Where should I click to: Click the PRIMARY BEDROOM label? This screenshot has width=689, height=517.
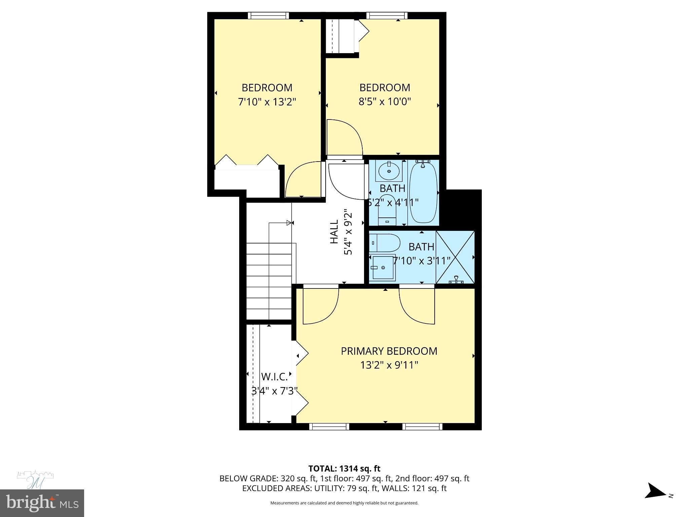tap(389, 351)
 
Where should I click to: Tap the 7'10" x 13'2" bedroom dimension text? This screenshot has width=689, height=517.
tap(267, 102)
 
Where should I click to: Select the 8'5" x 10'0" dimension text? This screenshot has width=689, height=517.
tap(385, 101)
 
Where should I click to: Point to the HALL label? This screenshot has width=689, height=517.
tap(334, 232)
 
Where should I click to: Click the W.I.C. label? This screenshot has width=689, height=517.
tap(274, 376)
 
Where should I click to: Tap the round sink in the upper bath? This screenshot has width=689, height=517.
tap(389, 171)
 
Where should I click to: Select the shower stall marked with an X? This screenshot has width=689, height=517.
tap(455, 257)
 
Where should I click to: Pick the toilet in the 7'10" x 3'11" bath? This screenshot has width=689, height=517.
tap(385, 243)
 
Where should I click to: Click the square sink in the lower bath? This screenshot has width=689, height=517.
tap(383, 268)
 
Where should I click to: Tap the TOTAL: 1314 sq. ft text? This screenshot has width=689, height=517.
tap(344, 469)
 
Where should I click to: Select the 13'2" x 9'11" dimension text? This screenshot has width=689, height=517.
tap(389, 365)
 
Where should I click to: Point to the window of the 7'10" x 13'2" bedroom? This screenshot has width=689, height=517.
tap(268, 15)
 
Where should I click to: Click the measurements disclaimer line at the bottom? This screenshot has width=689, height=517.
tap(344, 503)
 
